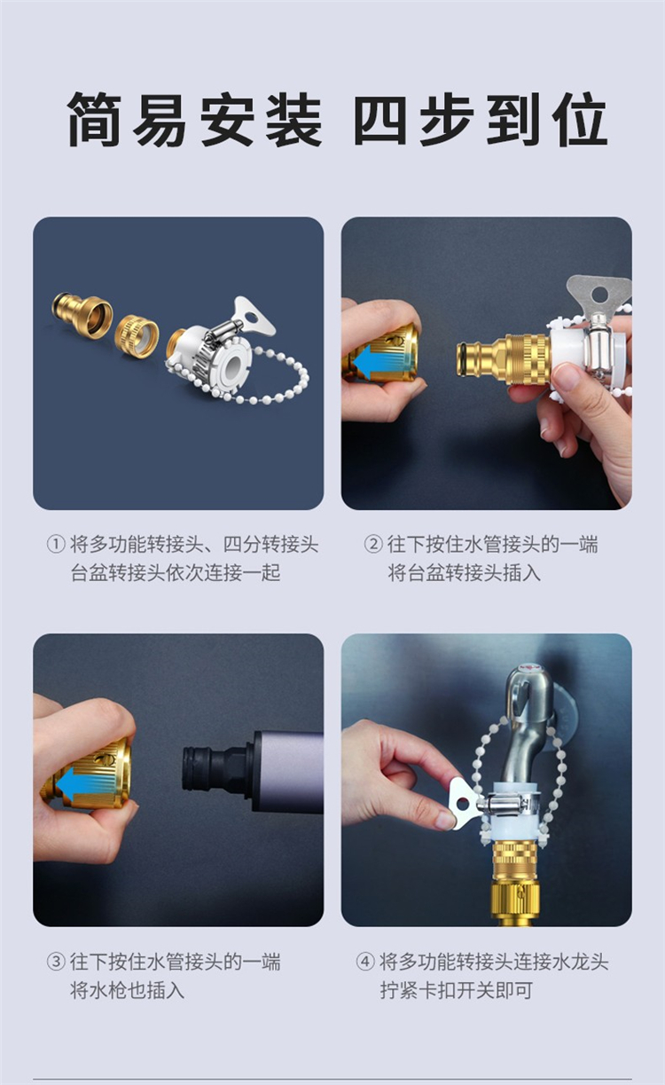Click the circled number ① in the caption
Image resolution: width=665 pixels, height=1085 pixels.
[x=56, y=544]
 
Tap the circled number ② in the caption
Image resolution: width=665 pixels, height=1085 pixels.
[x=372, y=544]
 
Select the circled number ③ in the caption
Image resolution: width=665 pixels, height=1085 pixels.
[x=56, y=962]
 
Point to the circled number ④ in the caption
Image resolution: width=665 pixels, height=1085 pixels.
[x=365, y=962]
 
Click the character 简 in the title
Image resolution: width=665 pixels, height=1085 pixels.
[x=95, y=119]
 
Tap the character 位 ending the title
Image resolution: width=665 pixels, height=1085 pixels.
[x=581, y=119]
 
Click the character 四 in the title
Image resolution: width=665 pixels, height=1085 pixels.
[x=379, y=119]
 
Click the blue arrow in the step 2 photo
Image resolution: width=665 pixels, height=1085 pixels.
[x=383, y=361]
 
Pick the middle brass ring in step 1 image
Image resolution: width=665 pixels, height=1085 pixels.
[x=137, y=335]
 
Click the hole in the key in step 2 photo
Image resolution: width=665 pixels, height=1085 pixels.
[x=599, y=293]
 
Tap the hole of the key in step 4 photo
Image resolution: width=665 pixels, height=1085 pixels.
[x=463, y=805]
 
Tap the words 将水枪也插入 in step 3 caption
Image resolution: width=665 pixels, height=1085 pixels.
[x=128, y=991]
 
